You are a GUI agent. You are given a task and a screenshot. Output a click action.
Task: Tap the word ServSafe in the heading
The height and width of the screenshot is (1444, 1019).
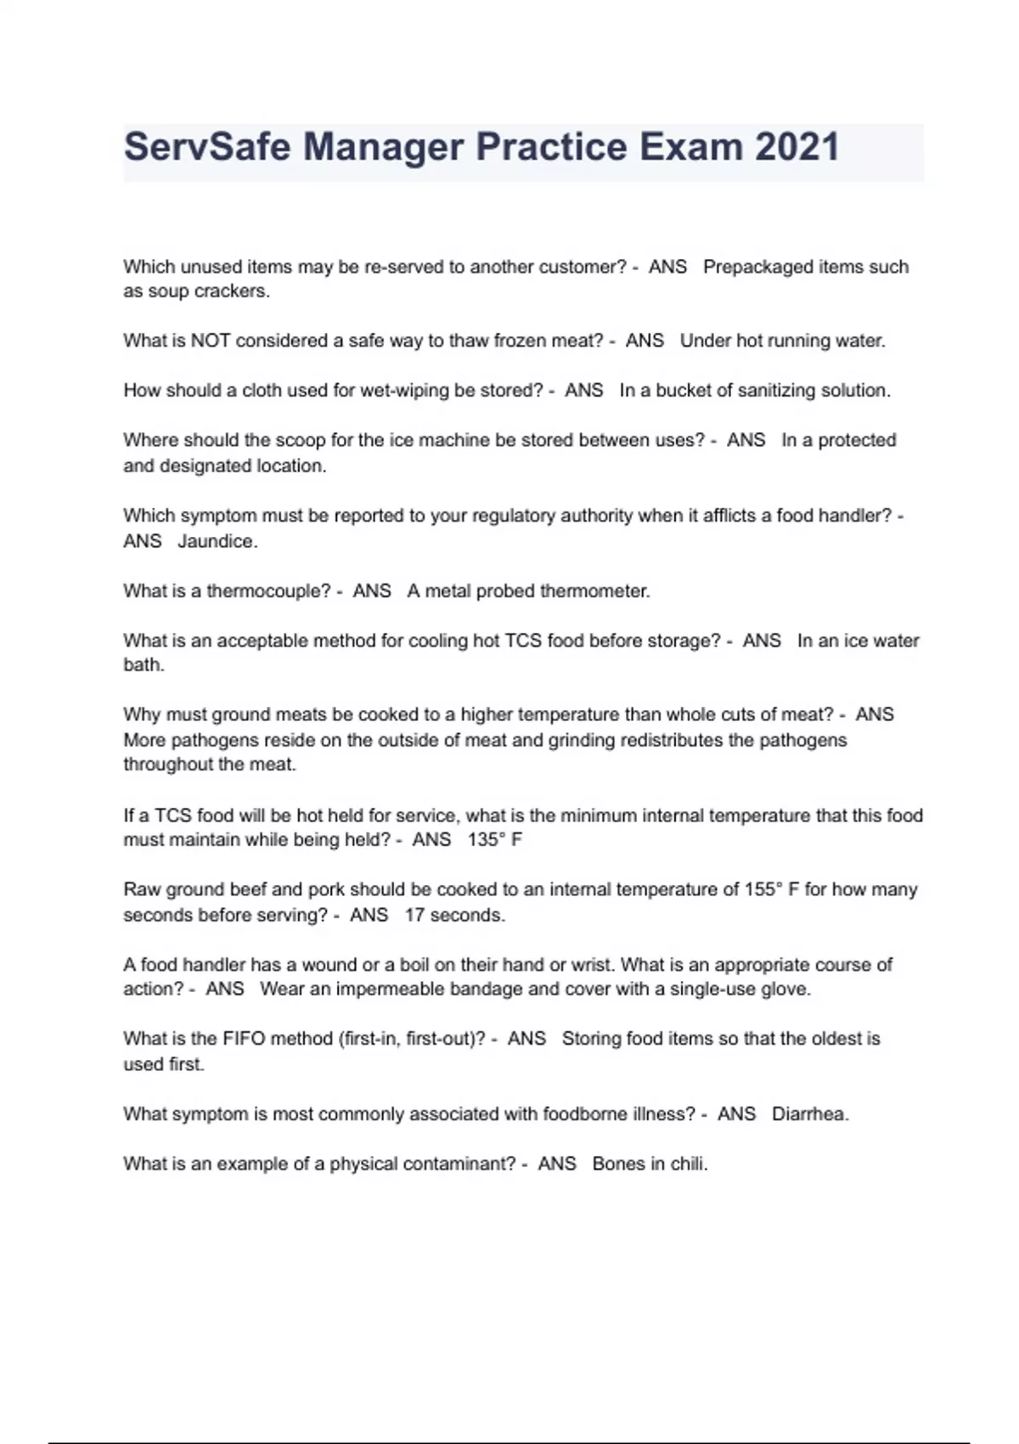(x=207, y=147)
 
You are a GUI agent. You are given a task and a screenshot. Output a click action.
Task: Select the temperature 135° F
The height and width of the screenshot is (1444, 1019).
(x=494, y=840)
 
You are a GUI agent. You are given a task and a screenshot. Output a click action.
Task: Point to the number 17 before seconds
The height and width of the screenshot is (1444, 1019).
(x=414, y=915)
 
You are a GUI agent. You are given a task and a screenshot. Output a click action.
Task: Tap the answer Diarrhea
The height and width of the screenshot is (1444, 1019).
(x=809, y=1114)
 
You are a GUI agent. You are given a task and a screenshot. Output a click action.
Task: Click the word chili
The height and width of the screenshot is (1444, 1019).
(x=689, y=1164)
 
